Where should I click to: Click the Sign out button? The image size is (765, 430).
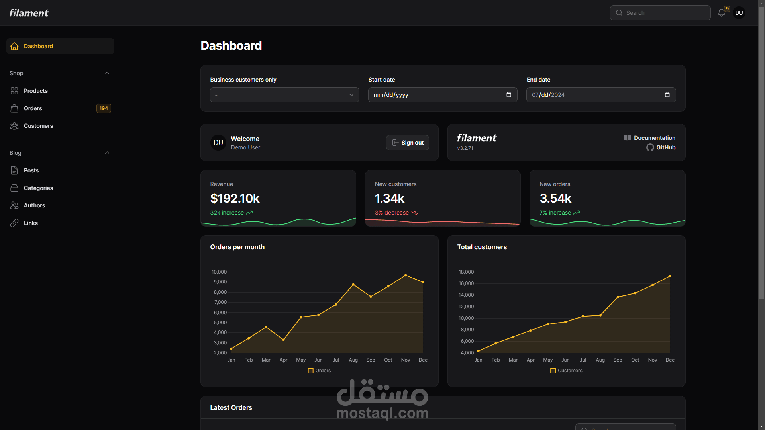point(407,143)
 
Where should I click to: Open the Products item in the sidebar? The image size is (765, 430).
point(35,91)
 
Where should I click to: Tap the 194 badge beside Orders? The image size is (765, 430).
point(104,108)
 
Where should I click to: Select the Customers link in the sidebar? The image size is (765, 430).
point(38,126)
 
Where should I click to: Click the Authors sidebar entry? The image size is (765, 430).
point(34,205)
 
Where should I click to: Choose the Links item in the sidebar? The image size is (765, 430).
point(31,223)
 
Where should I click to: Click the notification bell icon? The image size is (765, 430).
point(721,13)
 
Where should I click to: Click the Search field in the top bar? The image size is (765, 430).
point(660,13)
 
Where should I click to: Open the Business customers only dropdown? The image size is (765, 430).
point(284,95)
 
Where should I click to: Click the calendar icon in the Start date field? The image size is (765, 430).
point(509,95)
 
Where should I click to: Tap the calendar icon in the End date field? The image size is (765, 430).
point(667,95)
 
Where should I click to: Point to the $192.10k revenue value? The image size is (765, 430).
point(235,198)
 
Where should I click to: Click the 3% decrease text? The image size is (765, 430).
point(392,213)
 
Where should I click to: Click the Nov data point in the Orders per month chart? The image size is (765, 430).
point(406,275)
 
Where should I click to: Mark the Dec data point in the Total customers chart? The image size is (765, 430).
point(670,276)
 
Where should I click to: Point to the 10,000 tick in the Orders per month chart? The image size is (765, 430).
point(219,272)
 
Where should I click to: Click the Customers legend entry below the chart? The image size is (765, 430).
point(566,371)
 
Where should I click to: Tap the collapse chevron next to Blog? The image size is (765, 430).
point(107,153)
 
